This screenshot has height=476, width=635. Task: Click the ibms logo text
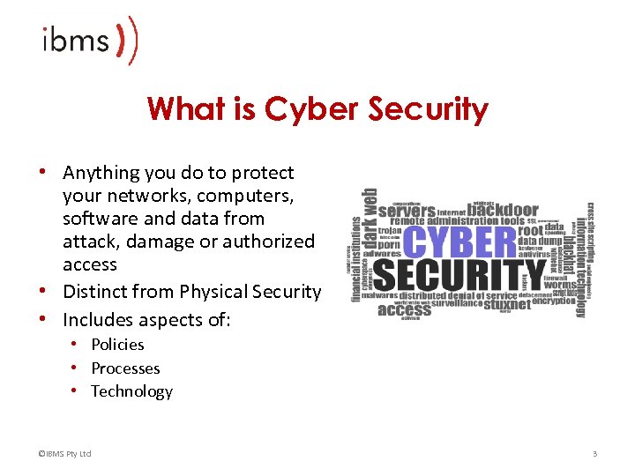[x=75, y=41]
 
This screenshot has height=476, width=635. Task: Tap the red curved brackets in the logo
[x=128, y=41]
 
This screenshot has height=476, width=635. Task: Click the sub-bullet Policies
[x=117, y=345]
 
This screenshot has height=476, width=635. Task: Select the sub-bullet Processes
[x=125, y=368]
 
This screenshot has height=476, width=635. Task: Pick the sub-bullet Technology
[x=131, y=391]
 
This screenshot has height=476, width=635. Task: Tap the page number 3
[x=595, y=454]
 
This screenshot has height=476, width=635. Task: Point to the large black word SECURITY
[x=459, y=277]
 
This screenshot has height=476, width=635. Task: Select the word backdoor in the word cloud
[x=502, y=210]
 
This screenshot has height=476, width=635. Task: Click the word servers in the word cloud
[x=407, y=212]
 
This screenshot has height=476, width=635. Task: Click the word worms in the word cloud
[x=560, y=284]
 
